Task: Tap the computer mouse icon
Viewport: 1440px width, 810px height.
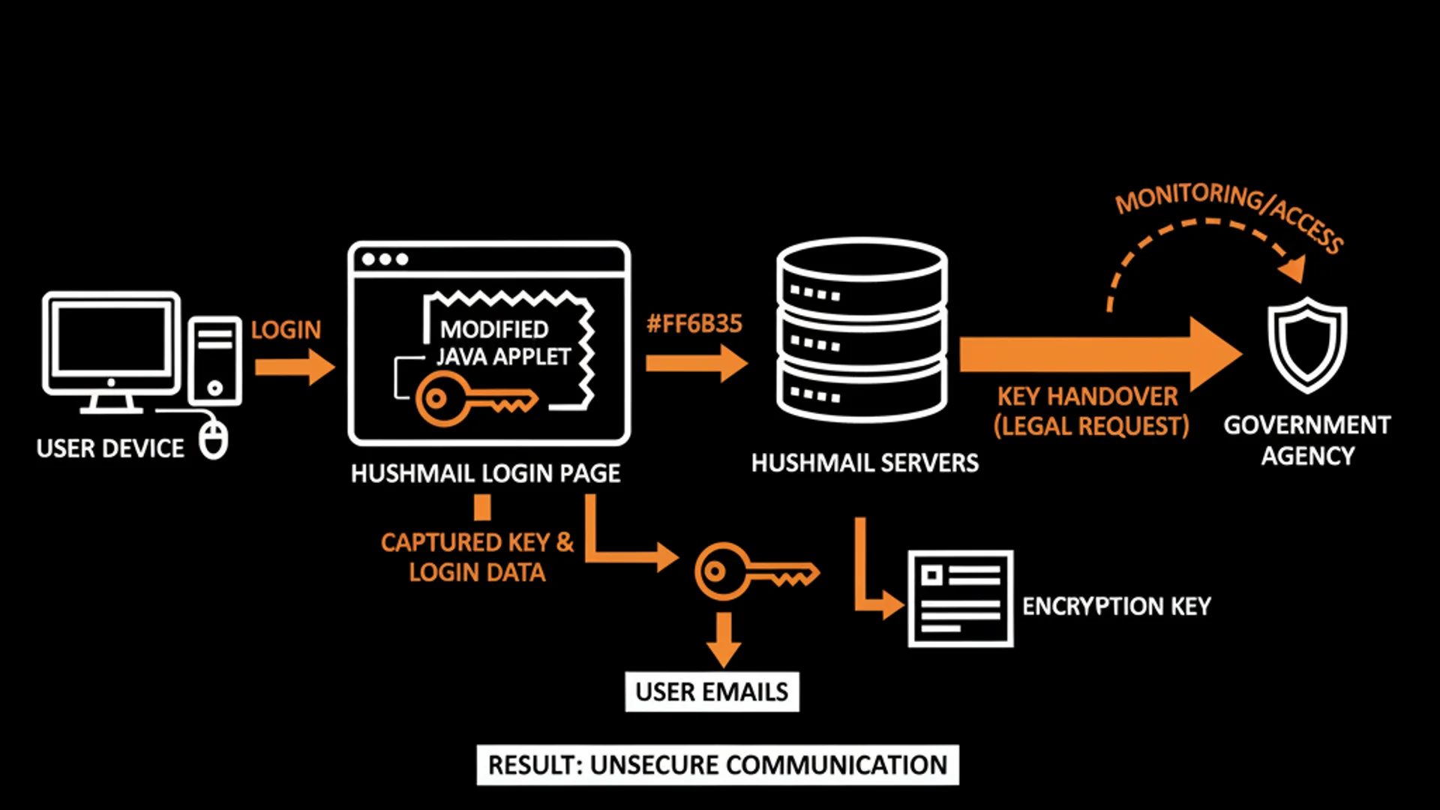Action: click(214, 438)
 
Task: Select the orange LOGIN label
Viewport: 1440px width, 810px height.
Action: click(286, 329)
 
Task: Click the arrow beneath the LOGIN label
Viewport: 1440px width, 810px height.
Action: click(294, 367)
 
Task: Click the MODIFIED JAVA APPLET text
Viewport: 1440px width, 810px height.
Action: click(502, 343)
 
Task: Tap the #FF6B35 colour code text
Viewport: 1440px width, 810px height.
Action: click(694, 324)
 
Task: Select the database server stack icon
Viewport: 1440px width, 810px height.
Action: click(862, 330)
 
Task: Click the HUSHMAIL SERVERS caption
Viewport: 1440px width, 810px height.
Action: click(865, 463)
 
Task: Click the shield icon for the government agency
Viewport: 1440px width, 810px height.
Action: click(1307, 344)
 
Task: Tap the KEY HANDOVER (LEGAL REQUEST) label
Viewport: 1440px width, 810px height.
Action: click(1090, 411)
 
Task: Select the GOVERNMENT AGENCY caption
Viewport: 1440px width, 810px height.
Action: click(1307, 440)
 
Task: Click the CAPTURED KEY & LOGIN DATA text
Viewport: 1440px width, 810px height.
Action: click(477, 557)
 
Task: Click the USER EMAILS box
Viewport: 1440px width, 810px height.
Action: click(712, 691)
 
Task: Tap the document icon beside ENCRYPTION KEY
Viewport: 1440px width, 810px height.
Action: click(961, 598)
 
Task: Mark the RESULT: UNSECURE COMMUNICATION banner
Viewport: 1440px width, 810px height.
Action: click(718, 765)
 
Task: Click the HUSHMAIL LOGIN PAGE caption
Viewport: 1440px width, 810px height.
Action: click(486, 473)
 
